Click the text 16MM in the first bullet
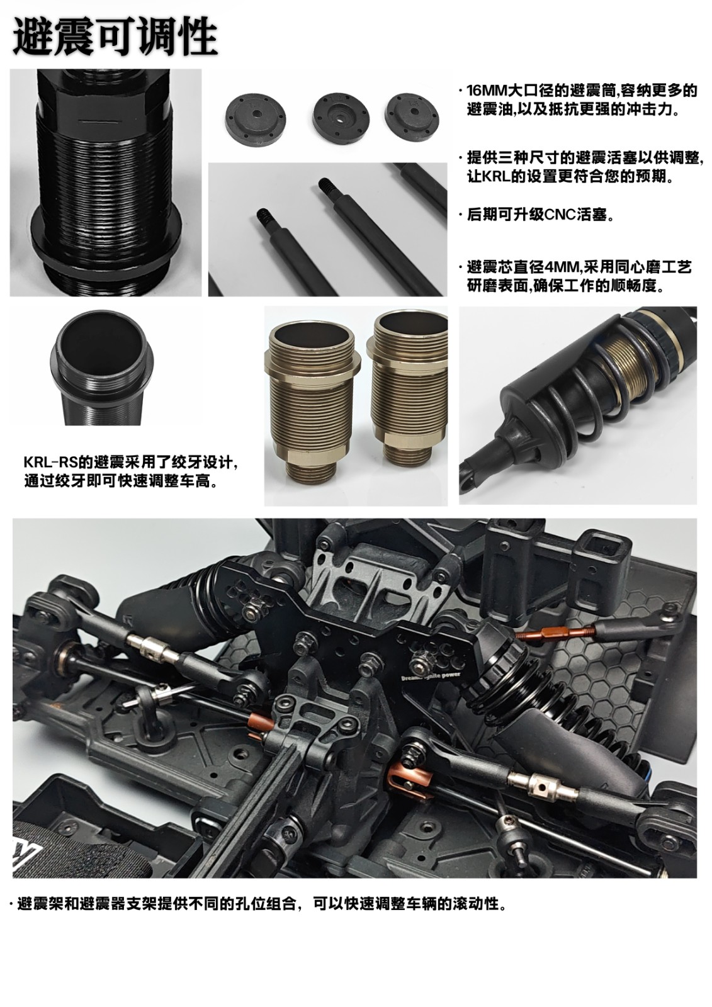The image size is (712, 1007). click(487, 91)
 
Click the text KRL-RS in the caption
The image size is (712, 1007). click(51, 462)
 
